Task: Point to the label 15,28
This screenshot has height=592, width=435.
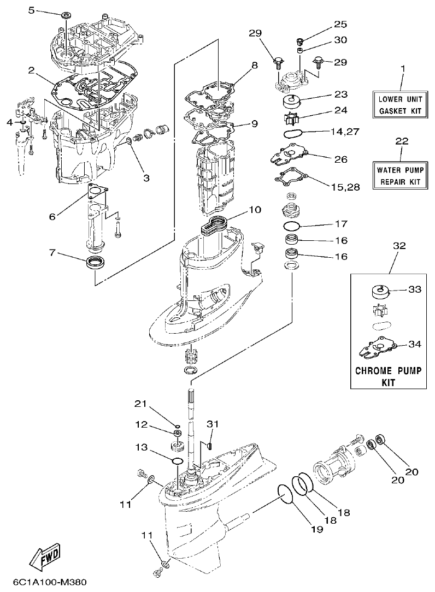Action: tap(345, 187)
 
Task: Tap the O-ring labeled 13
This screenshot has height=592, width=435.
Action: tap(177, 461)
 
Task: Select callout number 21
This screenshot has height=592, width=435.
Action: tap(142, 404)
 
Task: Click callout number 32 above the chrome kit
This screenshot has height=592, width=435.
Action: tap(399, 246)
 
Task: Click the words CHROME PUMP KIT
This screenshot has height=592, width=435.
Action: tap(389, 377)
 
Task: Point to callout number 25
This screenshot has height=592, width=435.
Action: tap(340, 25)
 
